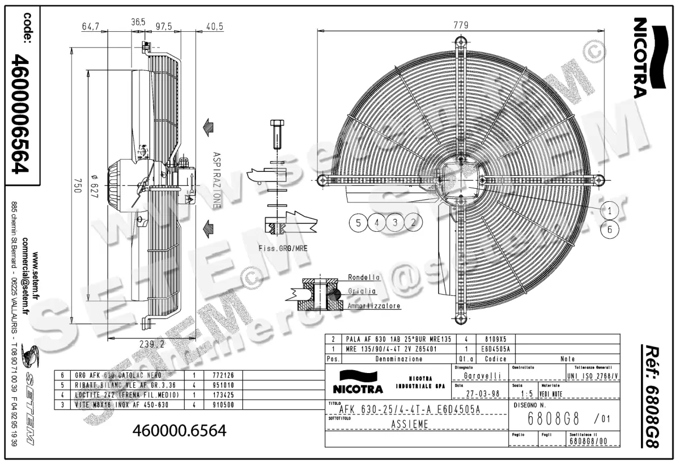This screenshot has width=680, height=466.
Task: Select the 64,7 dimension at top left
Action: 91,27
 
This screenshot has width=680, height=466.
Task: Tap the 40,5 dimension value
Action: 215,27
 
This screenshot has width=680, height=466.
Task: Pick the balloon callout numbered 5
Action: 358,222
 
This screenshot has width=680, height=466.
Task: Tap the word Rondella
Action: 364,278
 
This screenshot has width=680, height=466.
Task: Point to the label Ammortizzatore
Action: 374,306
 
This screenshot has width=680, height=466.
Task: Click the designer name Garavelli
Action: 481,375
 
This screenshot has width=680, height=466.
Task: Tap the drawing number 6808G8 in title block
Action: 552,419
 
